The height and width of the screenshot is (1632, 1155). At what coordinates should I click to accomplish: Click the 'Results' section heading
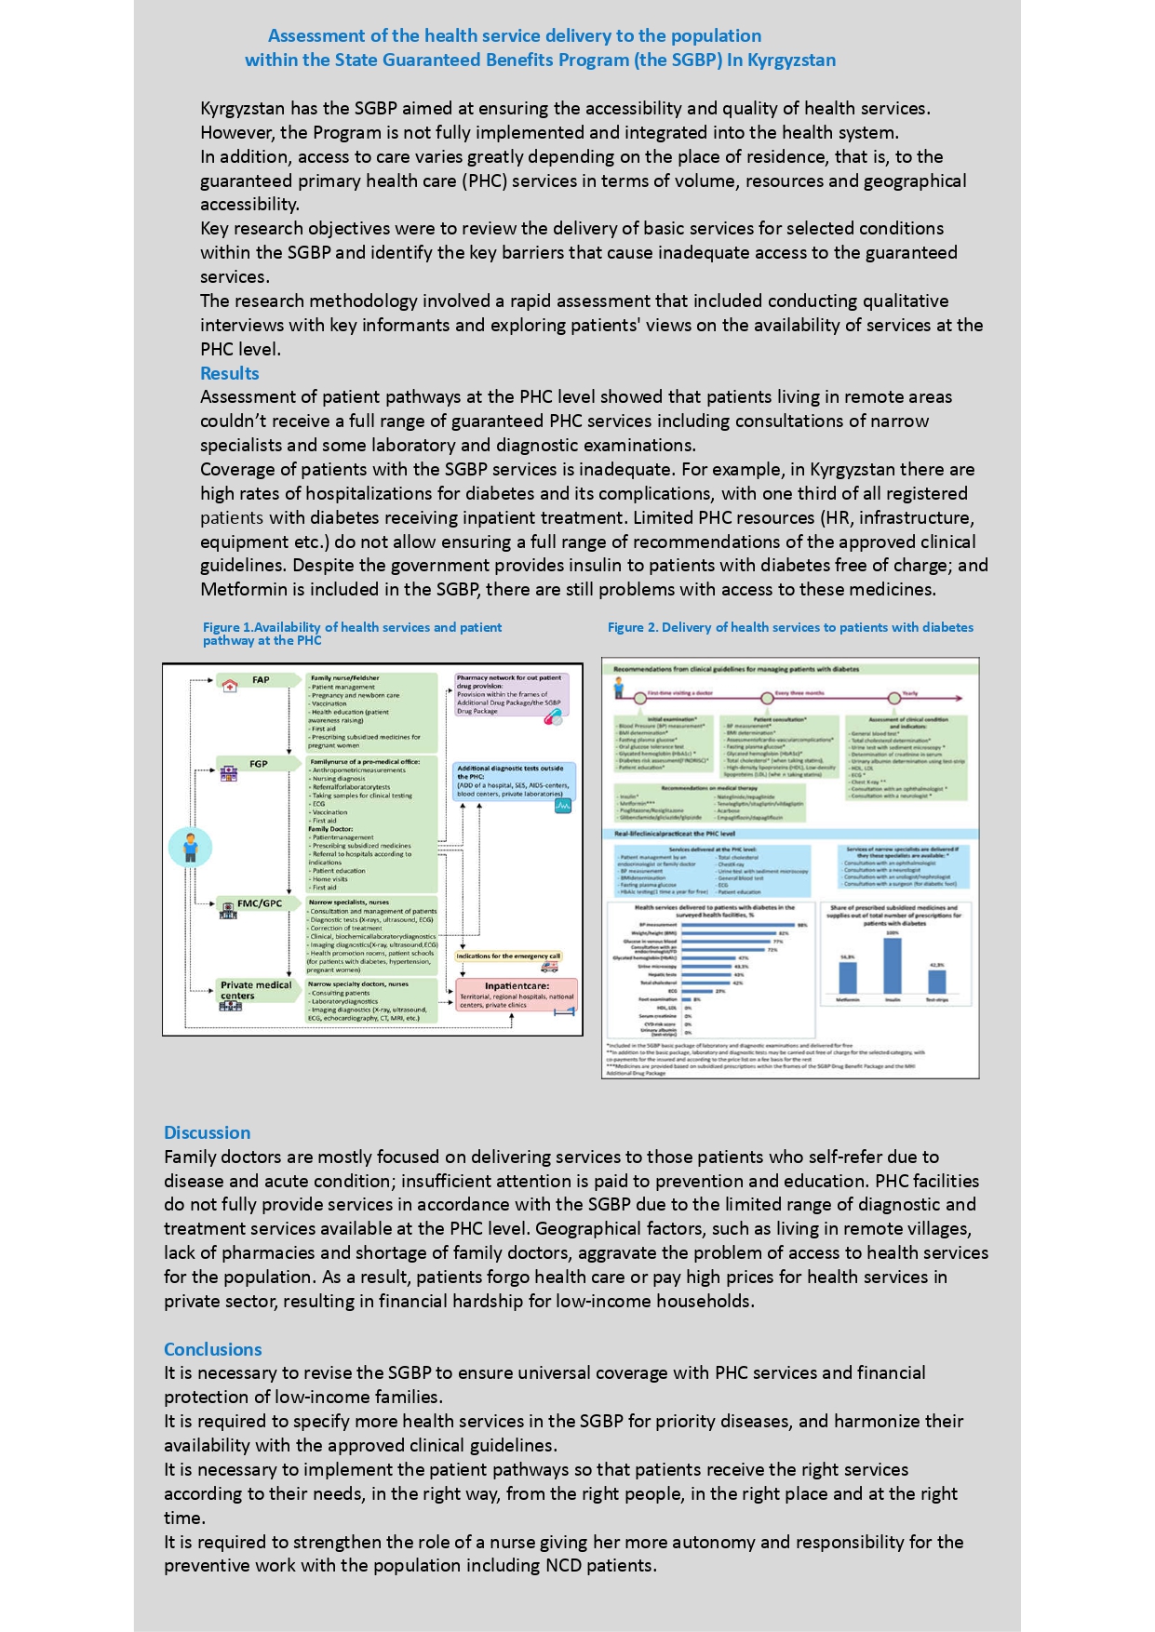[229, 373]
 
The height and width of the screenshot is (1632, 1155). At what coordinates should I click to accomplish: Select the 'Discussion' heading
[207, 1132]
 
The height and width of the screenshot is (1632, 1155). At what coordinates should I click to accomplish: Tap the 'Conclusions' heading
[212, 1349]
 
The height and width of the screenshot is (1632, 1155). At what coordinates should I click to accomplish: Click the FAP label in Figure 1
[261, 680]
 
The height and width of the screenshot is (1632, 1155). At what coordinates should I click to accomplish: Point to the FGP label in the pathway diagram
[258, 764]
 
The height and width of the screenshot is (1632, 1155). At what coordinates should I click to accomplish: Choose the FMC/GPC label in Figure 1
[259, 903]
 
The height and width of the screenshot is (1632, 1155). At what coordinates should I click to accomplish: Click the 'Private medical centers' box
[255, 990]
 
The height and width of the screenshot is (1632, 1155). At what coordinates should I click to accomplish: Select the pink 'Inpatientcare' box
[517, 994]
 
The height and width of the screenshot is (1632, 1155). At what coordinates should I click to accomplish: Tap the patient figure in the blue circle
[191, 848]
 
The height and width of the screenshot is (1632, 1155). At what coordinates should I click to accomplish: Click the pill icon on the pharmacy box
[553, 717]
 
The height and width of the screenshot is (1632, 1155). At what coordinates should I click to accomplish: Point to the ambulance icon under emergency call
[549, 968]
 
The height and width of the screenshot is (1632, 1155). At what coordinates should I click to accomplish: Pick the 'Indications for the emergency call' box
[508, 956]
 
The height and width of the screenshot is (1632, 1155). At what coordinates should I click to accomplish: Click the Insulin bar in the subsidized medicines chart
[892, 966]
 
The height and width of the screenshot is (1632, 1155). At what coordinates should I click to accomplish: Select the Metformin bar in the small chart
[848, 978]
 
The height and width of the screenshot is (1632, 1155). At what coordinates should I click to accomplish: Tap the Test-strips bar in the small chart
[936, 981]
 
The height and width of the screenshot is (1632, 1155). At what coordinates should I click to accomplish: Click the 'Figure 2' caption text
[790, 627]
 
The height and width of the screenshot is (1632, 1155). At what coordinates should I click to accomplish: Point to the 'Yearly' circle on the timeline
[893, 698]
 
